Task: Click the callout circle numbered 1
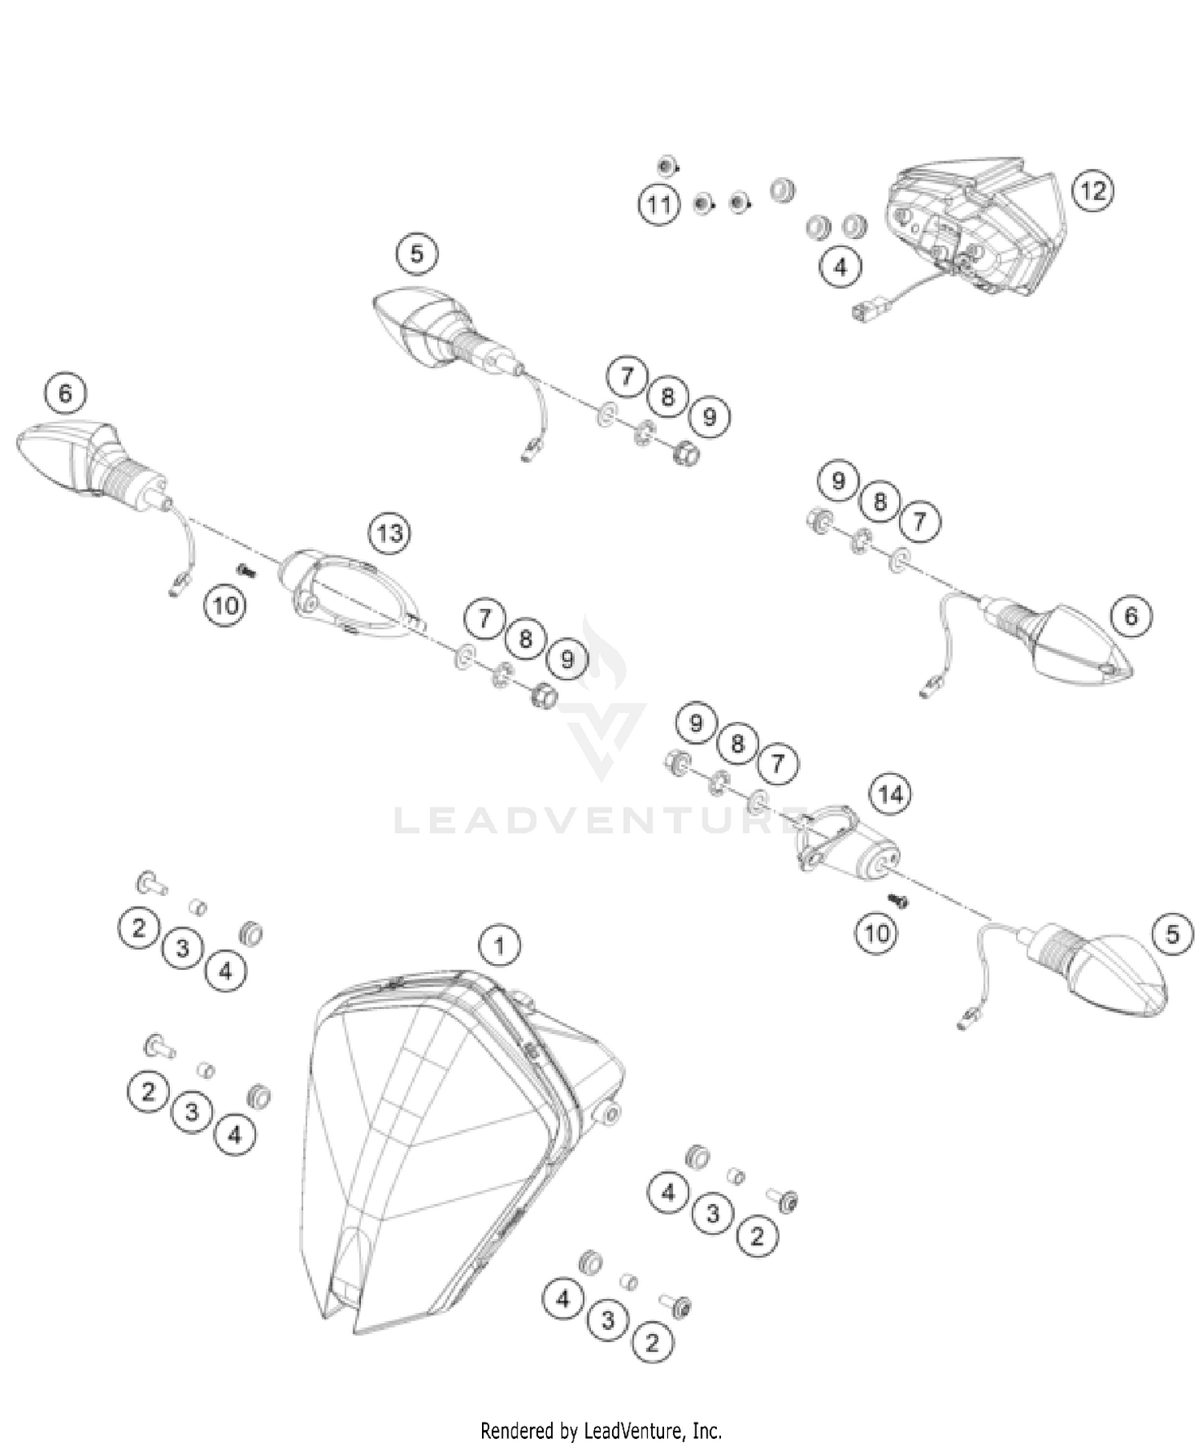coord(499,946)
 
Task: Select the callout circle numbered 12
coord(1093,191)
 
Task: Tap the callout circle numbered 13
coord(390,533)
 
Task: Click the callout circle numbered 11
coord(659,205)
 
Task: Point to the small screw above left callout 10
coord(245,569)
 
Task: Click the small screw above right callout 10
coord(899,902)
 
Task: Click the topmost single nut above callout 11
coord(665,167)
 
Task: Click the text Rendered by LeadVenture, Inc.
coord(601,1430)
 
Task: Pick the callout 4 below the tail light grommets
coord(840,266)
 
